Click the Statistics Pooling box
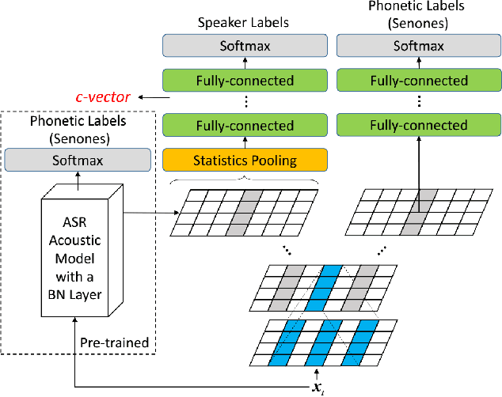click(245, 161)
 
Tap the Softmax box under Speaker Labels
click(245, 46)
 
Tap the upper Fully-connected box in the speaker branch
click(245, 80)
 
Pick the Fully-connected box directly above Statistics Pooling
click(245, 126)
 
